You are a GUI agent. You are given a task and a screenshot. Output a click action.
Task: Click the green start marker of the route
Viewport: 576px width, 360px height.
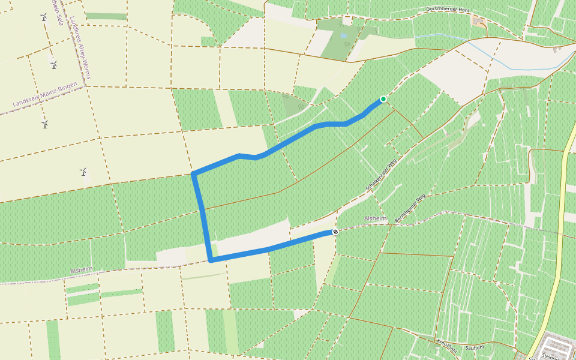click(x=383, y=99)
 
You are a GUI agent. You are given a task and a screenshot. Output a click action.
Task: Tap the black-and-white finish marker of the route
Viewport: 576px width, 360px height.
click(x=335, y=232)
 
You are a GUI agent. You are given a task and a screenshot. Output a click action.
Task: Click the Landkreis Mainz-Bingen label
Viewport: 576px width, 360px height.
click(x=46, y=95)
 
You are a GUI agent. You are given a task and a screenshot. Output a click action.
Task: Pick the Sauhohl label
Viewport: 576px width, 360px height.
click(x=474, y=347)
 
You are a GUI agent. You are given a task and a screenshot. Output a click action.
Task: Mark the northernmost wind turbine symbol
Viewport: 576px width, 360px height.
click(x=44, y=17)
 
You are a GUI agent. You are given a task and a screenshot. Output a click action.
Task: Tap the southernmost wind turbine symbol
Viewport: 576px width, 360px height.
click(x=84, y=172)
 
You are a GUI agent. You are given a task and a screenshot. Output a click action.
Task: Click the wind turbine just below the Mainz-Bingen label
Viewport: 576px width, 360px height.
click(x=44, y=124)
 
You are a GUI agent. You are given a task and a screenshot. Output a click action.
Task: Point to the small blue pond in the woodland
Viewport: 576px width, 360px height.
click(x=343, y=35)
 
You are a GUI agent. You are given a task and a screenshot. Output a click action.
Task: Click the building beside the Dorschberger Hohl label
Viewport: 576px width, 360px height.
click(x=479, y=22)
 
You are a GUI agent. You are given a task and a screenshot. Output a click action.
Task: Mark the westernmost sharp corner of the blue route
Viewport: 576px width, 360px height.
click(x=193, y=174)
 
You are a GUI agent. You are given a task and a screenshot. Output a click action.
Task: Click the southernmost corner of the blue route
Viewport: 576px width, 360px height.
click(x=211, y=260)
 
